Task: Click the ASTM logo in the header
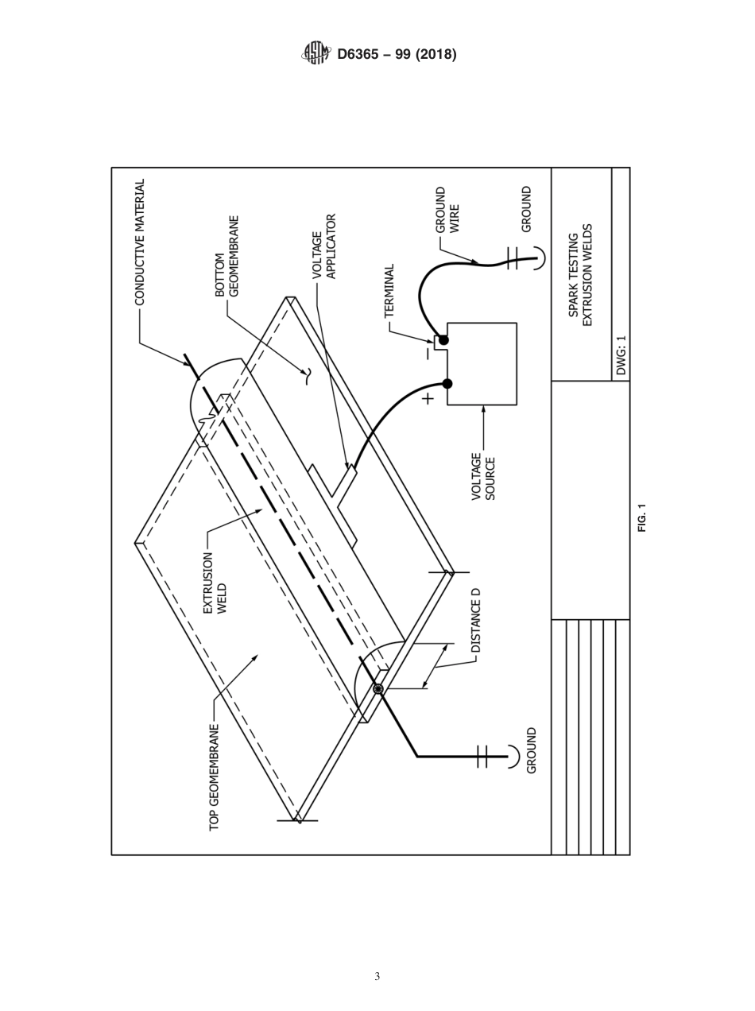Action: click(316, 53)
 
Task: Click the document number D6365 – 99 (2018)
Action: click(397, 54)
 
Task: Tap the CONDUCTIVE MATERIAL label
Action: click(140, 242)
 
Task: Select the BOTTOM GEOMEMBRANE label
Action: click(226, 256)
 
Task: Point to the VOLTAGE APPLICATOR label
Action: click(324, 246)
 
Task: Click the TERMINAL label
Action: click(389, 291)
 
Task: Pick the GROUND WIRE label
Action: click(447, 210)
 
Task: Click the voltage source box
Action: click(482, 364)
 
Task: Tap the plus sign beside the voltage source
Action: click(428, 398)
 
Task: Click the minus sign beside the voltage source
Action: click(427, 354)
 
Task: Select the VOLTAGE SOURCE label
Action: click(483, 476)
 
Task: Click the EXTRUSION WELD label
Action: click(215, 583)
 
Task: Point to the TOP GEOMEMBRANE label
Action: click(215, 777)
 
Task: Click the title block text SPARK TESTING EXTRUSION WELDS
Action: click(581, 274)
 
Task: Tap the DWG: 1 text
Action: click(621, 354)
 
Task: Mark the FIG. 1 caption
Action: click(641, 517)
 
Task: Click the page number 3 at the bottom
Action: click(377, 976)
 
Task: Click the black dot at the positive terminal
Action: click(447, 384)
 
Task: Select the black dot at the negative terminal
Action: click(443, 340)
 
